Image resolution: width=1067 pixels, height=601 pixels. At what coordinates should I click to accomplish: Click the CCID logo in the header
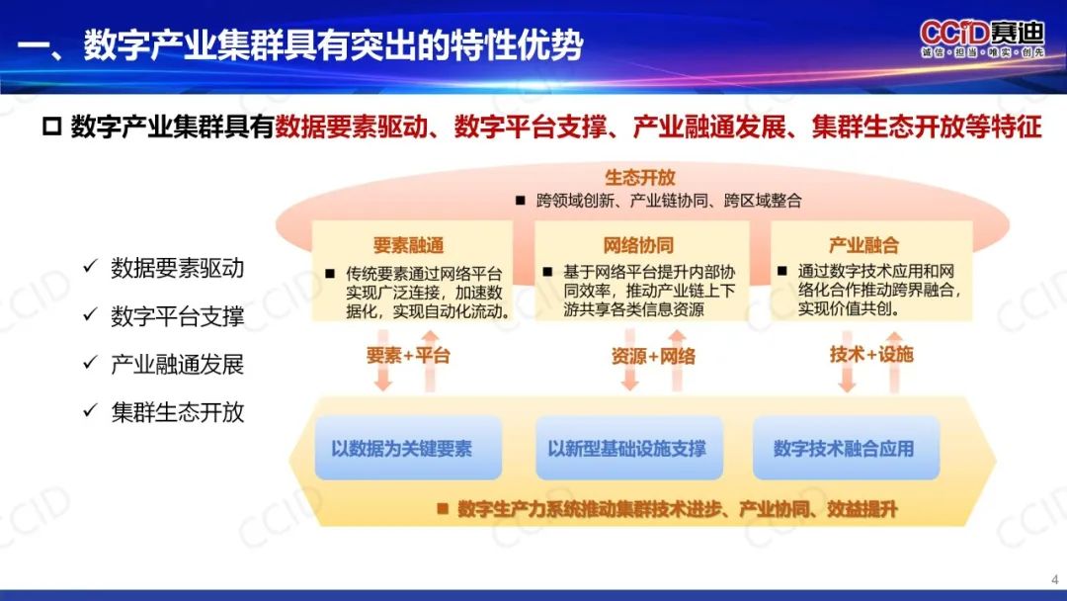(982, 39)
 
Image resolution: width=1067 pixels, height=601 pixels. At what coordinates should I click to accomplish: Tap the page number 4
(1055, 580)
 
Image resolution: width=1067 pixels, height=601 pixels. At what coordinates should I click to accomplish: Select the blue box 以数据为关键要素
(408, 448)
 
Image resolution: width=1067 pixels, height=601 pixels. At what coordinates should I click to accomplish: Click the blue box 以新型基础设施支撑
(628, 448)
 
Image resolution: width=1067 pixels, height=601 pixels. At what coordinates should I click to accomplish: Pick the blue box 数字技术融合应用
(846, 448)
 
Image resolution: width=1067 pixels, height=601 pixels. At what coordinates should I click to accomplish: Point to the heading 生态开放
(639, 178)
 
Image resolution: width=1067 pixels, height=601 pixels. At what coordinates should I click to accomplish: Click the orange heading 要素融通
(408, 245)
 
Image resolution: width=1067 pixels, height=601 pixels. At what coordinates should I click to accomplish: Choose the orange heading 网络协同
(638, 245)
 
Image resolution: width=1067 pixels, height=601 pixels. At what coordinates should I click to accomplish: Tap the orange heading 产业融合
(863, 245)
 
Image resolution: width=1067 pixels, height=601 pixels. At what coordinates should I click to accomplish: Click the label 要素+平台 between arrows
(408, 355)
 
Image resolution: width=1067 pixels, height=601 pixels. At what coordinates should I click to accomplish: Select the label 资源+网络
(653, 356)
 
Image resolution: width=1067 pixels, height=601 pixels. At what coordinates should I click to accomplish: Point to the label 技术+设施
(871, 354)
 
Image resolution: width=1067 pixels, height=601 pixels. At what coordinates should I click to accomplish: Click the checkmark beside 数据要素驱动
(90, 266)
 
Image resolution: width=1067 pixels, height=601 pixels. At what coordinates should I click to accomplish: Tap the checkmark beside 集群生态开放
(90, 410)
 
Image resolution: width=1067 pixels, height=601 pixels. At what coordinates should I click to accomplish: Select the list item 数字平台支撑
(178, 316)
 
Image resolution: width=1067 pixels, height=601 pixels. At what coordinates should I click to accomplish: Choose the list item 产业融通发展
(178, 364)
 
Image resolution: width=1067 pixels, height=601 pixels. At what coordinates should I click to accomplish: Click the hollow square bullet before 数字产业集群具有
(51, 127)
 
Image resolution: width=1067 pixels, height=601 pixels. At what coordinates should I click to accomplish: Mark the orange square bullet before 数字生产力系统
(443, 508)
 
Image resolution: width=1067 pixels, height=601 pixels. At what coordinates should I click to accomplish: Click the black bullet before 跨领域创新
(521, 200)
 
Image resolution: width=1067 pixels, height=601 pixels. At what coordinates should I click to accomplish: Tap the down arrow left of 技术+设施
(847, 362)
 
